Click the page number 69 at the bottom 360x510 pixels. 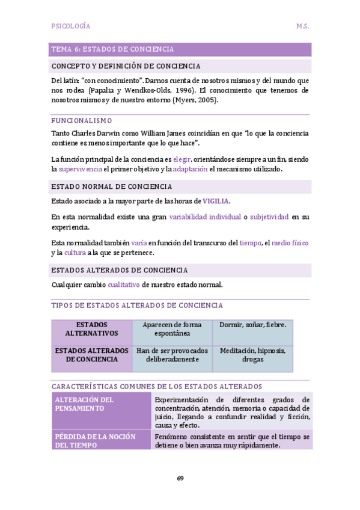pyautogui.click(x=180, y=478)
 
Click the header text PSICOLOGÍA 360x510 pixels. pyautogui.click(x=71, y=26)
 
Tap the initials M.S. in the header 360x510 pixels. pyautogui.click(x=302, y=26)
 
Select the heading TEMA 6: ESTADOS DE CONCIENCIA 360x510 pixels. pyautogui.click(x=113, y=49)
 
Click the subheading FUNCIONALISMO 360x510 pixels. pyautogui.click(x=82, y=120)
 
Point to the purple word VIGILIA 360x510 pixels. pyautogui.click(x=216, y=201)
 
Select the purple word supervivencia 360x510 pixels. pyautogui.click(x=80, y=170)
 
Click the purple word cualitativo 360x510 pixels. pyautogui.click(x=124, y=284)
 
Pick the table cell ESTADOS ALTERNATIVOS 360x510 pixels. pyautogui.click(x=92, y=329)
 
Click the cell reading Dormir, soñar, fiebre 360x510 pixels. pyautogui.click(x=252, y=325)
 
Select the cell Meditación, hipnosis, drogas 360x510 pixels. pyautogui.click(x=252, y=355)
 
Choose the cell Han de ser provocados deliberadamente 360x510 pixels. pyautogui.click(x=172, y=355)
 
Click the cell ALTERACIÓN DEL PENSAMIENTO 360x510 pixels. pyautogui.click(x=85, y=404)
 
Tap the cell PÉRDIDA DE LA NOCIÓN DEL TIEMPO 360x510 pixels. pyautogui.click(x=96, y=440)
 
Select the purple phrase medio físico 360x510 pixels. pyautogui.click(x=290, y=243)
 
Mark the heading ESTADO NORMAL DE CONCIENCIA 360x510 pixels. pyautogui.click(x=112, y=186)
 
